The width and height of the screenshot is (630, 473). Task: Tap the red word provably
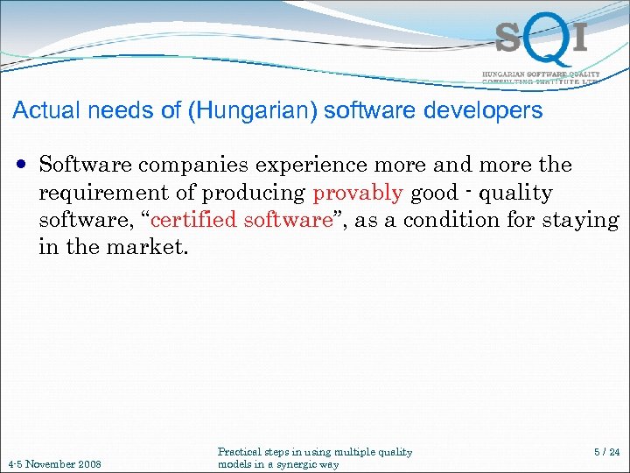pyautogui.click(x=357, y=193)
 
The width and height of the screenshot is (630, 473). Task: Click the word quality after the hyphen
pyautogui.click(x=516, y=193)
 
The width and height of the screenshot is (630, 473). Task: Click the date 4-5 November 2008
pyautogui.click(x=53, y=463)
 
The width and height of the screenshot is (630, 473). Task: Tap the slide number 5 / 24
pyautogui.click(x=605, y=453)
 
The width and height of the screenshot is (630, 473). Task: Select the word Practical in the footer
pyautogui.click(x=241, y=452)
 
